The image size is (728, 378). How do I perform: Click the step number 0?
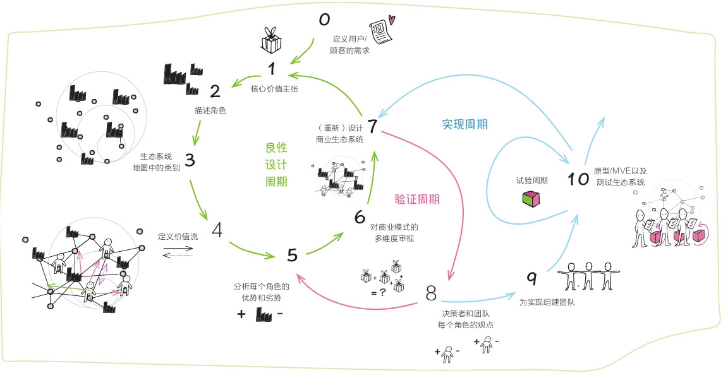(324, 20)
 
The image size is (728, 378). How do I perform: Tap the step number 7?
(372, 126)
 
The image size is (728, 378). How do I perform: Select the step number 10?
(578, 179)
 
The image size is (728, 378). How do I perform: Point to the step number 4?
(217, 230)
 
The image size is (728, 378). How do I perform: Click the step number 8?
(432, 293)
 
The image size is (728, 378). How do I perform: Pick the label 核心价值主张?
(274, 89)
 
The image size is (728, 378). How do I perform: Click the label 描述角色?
(210, 110)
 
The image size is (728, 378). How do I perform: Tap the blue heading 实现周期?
(464, 124)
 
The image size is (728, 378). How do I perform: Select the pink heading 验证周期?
(417, 199)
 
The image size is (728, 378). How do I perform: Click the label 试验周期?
(531, 180)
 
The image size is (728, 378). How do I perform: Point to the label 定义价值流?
(178, 237)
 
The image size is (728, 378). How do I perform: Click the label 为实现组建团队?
(547, 302)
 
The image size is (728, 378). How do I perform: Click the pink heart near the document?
(392, 20)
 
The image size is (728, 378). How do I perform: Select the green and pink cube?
(531, 199)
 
